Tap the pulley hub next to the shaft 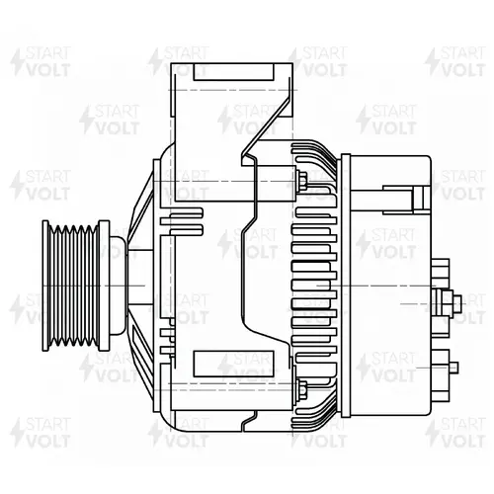(118, 286)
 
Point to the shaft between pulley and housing (140, 286)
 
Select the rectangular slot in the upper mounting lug (233, 72)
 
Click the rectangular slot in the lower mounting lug (233, 364)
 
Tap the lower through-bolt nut (302, 388)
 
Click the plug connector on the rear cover (407, 200)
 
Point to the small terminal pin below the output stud (453, 367)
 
